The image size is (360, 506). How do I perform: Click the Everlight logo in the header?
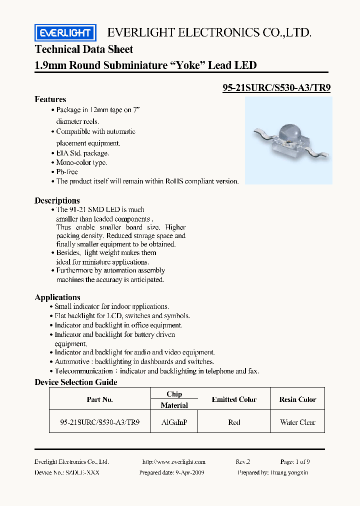(x=65, y=33)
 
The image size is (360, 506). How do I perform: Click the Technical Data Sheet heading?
(x=84, y=49)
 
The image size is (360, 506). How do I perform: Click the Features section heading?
(x=50, y=99)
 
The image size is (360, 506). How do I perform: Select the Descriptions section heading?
(x=57, y=200)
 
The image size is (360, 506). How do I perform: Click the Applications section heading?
(x=57, y=297)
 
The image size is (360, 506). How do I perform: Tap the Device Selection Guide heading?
(x=76, y=382)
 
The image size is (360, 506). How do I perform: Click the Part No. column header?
(x=100, y=399)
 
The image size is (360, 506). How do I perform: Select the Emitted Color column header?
(x=234, y=399)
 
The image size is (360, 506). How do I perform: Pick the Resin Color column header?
(x=297, y=399)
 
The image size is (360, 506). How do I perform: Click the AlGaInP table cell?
(x=174, y=422)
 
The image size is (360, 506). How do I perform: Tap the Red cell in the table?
(x=234, y=422)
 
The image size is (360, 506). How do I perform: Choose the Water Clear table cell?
(x=297, y=422)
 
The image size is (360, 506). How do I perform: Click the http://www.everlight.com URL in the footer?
(x=173, y=462)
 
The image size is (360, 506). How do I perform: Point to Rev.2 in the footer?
(x=242, y=462)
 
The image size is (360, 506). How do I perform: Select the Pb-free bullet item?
(x=66, y=172)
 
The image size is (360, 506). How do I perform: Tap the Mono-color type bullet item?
(x=81, y=162)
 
